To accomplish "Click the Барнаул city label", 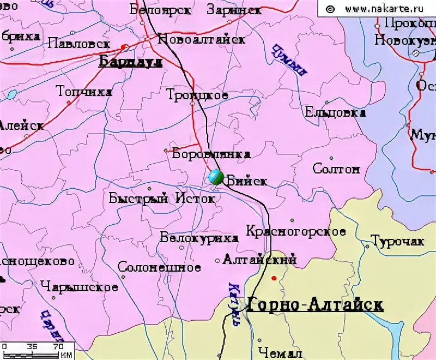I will (x=131, y=62).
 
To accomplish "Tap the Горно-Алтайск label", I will (x=315, y=305).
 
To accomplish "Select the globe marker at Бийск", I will (x=215, y=177).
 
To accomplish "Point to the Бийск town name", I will (x=246, y=181).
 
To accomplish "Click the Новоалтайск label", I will (x=201, y=39).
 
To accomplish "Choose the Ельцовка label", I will (x=335, y=113).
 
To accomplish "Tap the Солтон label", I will (x=336, y=169).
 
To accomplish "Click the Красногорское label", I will (x=296, y=231).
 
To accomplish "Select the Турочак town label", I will (x=397, y=241).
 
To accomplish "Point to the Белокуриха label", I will (x=199, y=238).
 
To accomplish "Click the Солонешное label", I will (x=159, y=267).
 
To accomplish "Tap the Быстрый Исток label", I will (x=162, y=199).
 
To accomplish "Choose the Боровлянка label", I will (x=211, y=154).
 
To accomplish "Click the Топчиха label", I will (x=84, y=92).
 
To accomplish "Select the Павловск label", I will (x=79, y=44).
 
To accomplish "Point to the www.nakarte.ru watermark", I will (x=384, y=9).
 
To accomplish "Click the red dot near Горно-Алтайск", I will (x=274, y=278).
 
